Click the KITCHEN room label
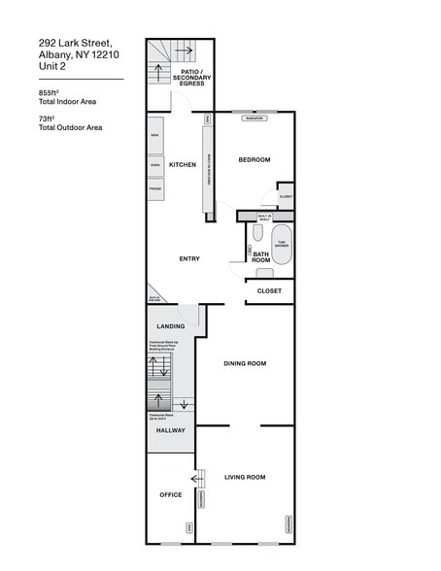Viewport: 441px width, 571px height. tap(183, 165)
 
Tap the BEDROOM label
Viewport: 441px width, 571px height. tap(254, 159)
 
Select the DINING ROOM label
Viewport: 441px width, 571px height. tap(245, 363)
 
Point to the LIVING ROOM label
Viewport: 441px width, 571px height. tap(245, 477)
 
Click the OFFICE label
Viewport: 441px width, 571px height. tap(170, 494)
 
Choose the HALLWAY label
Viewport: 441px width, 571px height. tap(170, 429)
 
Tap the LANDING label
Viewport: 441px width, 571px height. tap(170, 326)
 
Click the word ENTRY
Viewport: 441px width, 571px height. tap(189, 259)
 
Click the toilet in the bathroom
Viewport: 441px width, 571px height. tap(257, 233)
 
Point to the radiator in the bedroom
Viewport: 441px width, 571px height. tap(254, 118)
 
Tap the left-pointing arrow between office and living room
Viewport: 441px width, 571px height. tap(199, 477)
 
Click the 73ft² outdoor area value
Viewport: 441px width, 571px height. tap(46, 118)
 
